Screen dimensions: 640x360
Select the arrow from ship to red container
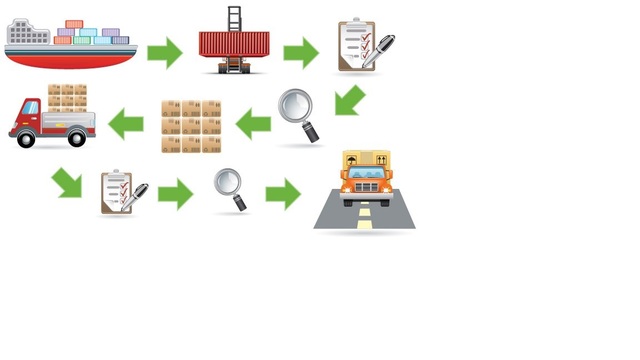pos(165,52)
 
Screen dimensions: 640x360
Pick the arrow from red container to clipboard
pos(301,52)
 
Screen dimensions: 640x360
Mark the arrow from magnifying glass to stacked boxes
pos(253,124)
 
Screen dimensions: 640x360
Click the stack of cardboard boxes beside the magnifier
pos(191,125)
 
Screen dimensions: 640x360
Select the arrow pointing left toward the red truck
pos(126,124)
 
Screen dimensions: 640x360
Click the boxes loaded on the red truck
pos(67,97)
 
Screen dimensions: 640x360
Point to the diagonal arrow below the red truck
pos(69,182)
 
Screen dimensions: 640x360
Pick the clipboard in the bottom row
pos(121,192)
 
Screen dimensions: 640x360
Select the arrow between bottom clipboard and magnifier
pos(175,193)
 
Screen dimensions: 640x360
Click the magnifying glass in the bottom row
pos(229,187)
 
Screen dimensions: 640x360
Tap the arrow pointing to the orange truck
pos(283,193)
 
